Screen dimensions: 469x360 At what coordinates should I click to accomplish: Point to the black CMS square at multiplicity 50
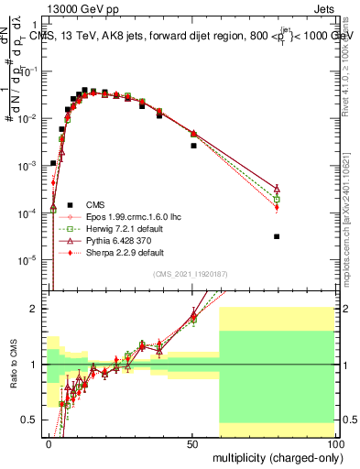(193, 146)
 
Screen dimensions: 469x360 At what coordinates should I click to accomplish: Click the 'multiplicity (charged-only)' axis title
(276, 456)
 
